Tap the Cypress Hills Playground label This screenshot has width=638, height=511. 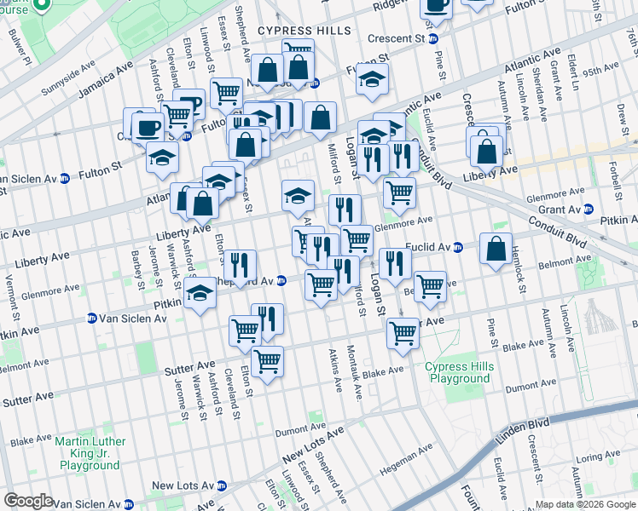tap(458, 373)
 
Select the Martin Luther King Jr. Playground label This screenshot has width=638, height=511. tap(90, 453)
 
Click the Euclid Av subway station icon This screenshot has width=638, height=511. tap(457, 248)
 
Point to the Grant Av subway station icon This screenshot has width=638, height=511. tap(600, 209)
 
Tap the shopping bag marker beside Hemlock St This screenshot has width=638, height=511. tap(496, 249)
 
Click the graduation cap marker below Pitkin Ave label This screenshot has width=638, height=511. tap(200, 294)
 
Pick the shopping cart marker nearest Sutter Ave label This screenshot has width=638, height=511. tap(268, 361)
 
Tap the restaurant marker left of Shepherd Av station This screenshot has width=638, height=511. tap(241, 264)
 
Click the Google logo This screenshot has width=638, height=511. tap(28, 501)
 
